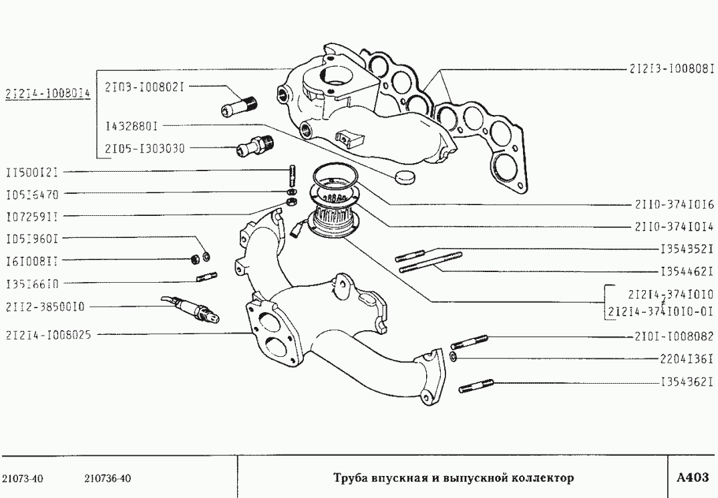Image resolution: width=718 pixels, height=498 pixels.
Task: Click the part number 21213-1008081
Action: (673, 68)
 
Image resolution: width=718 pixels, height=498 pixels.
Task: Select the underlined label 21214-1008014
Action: (47, 94)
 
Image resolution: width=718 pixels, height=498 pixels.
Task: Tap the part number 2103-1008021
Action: (144, 86)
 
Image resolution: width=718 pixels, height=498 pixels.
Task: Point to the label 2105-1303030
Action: (144, 148)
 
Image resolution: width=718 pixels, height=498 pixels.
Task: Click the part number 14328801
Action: (131, 125)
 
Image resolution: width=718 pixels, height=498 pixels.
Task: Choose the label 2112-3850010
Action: (45, 307)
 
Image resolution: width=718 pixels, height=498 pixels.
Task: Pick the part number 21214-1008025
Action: (48, 334)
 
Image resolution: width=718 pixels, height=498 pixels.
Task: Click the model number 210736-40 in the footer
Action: (108, 479)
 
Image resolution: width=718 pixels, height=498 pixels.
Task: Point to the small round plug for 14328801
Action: (404, 176)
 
